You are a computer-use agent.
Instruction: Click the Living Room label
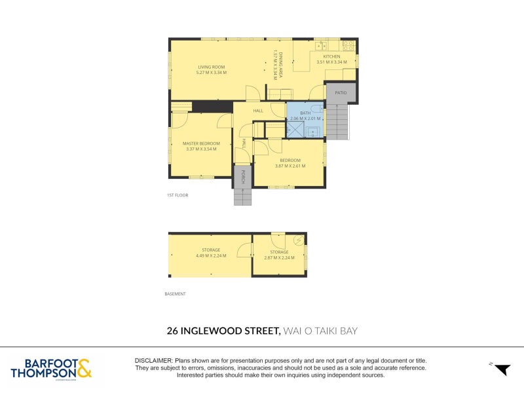coord(211,66)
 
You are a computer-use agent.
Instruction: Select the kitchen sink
coord(321,46)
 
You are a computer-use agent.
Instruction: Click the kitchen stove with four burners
coord(348,46)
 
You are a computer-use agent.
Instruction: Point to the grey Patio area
coord(341,93)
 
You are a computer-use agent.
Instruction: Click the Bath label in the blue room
coord(305,113)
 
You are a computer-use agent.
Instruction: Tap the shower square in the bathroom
coord(295,130)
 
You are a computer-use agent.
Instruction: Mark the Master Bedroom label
coord(201,143)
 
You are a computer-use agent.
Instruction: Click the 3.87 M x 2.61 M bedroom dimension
coord(290,166)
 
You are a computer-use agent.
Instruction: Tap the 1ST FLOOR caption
coord(178,195)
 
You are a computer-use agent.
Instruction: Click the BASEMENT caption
coord(176,294)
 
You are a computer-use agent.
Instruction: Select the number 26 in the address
coord(174,331)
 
